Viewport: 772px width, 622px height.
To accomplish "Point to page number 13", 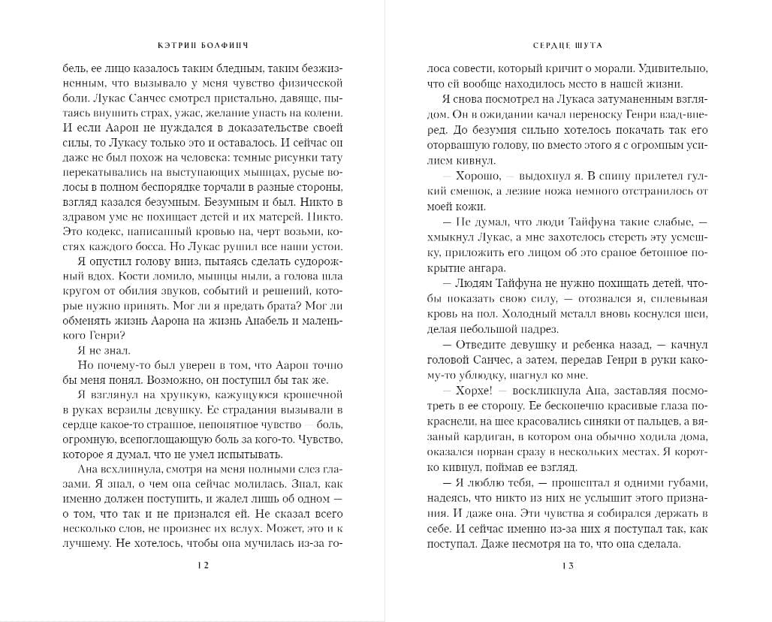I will click(567, 568).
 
